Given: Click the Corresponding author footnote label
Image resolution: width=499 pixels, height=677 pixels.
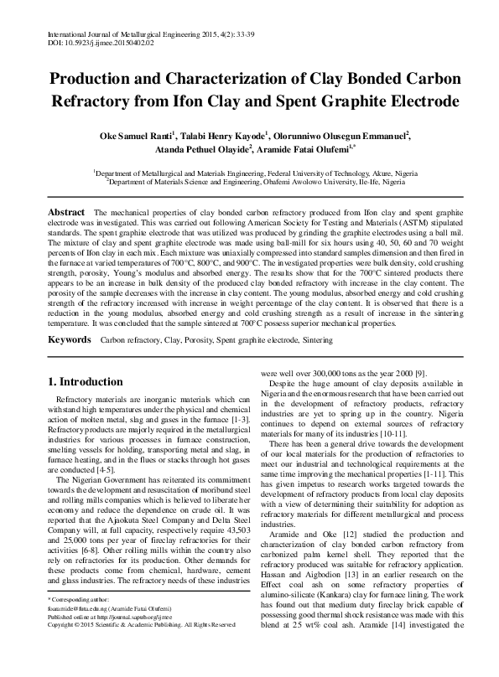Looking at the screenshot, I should (81, 623).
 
